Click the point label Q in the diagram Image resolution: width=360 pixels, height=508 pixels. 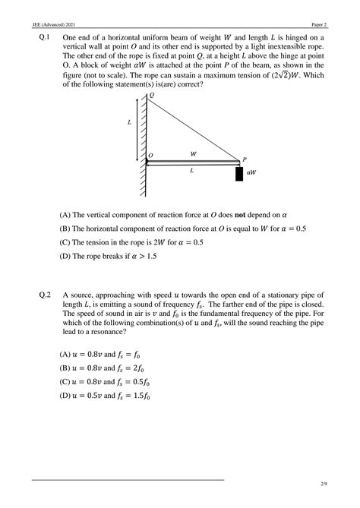pyautogui.click(x=150, y=96)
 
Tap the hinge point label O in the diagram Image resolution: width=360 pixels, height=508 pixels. pyautogui.click(x=151, y=156)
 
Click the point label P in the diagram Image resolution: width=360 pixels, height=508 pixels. pyautogui.click(x=245, y=159)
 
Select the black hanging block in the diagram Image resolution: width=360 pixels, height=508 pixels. pyautogui.click(x=239, y=173)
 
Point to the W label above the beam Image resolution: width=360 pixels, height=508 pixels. pyautogui.click(x=194, y=153)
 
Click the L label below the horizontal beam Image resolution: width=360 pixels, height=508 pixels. pyautogui.click(x=191, y=171)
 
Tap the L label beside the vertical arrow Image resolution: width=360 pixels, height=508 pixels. pyautogui.click(x=129, y=122)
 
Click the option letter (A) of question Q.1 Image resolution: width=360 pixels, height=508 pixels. pyautogui.click(x=65, y=215)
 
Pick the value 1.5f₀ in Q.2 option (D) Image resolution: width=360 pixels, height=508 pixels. pyautogui.click(x=140, y=396)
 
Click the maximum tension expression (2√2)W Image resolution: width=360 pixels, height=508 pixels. pyautogui.click(x=299, y=75)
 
